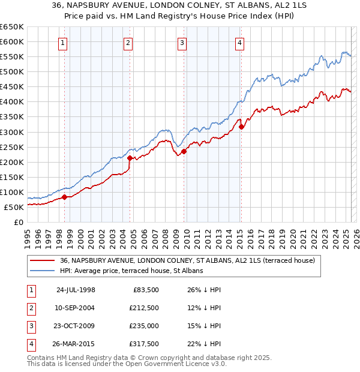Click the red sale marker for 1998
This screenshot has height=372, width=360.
pyautogui.click(x=64, y=197)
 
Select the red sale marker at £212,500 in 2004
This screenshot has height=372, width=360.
pyautogui.click(x=130, y=158)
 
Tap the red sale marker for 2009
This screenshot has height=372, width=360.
pyautogui.click(x=184, y=151)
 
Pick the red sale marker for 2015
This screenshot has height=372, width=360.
pyautogui.click(x=241, y=127)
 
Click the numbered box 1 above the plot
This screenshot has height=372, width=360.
pyautogui.click(x=63, y=42)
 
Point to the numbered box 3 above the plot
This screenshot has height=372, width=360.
pyautogui.click(x=182, y=42)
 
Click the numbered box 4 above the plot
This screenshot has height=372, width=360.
pyautogui.click(x=239, y=42)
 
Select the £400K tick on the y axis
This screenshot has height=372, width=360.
pyautogui.click(x=11, y=102)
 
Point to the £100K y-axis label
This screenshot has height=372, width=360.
pyautogui.click(x=11, y=193)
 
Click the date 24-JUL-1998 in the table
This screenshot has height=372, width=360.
pyautogui.click(x=76, y=290)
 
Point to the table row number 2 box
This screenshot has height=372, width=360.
pyautogui.click(x=31, y=308)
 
